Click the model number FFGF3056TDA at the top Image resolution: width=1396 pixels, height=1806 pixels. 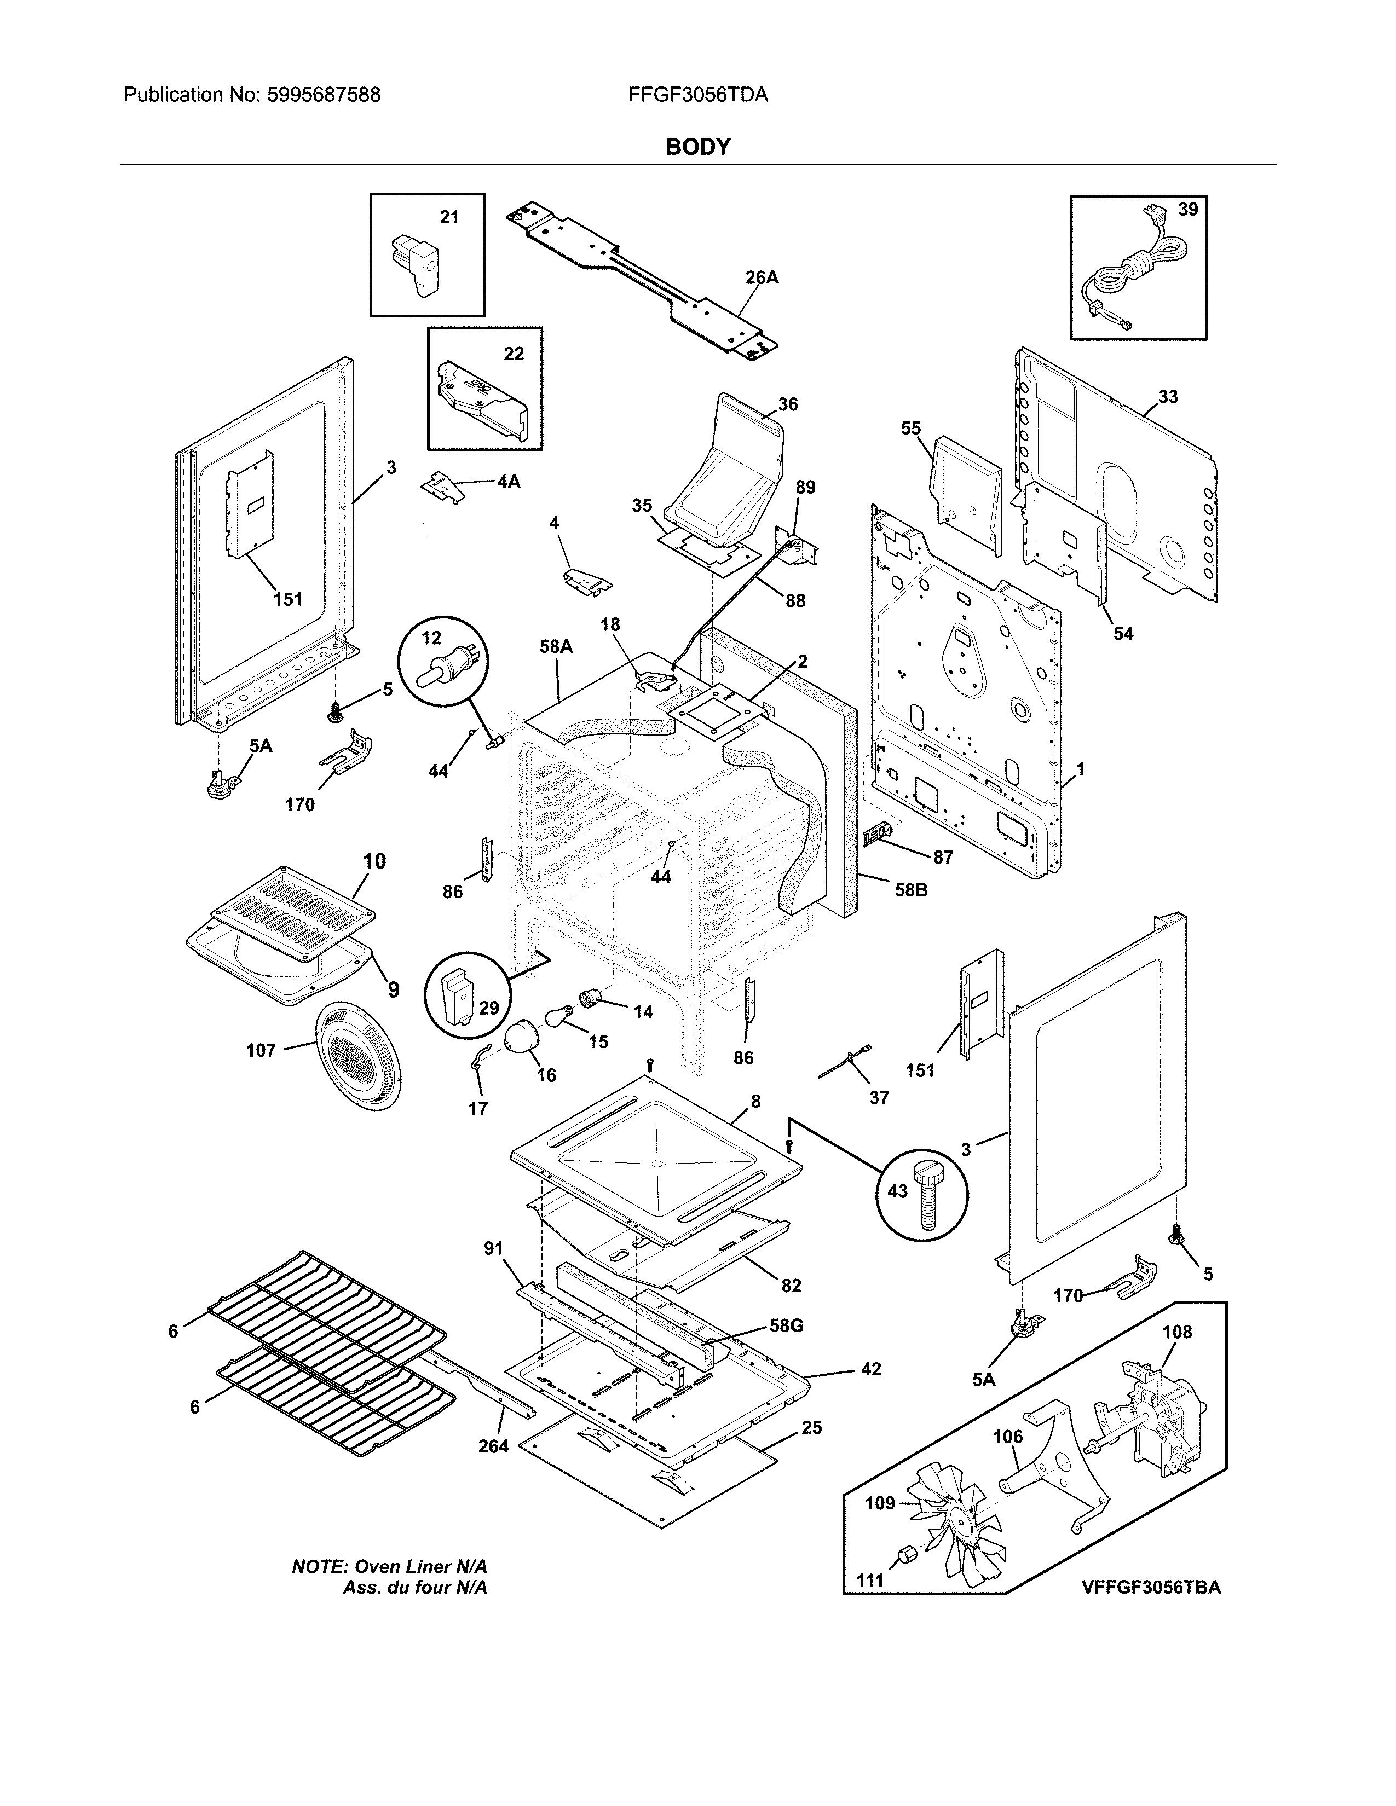[697, 95]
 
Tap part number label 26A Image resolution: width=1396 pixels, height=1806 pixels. [761, 278]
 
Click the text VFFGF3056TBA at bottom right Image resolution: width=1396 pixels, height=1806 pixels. [1150, 1587]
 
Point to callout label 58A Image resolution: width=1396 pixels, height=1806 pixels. [556, 647]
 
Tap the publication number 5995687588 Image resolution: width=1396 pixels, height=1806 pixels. [324, 95]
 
